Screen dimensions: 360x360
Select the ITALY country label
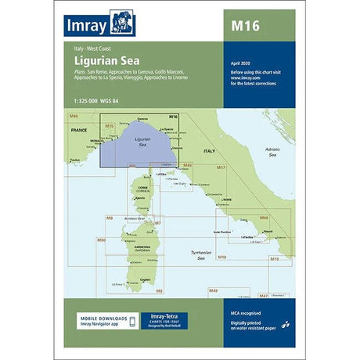click(209, 150)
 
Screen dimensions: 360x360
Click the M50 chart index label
click(100, 239)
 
